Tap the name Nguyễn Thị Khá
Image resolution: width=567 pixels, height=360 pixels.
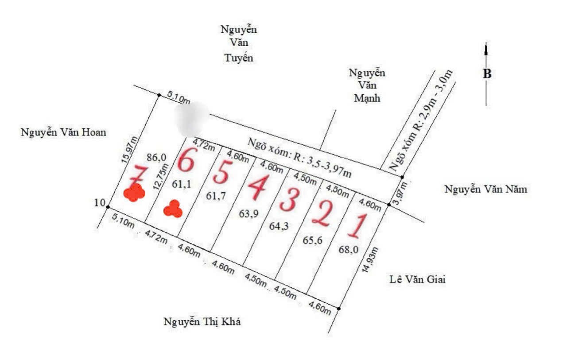(202, 322)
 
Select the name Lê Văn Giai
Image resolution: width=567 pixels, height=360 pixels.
(418, 279)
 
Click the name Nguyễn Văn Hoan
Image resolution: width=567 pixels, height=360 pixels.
(64, 132)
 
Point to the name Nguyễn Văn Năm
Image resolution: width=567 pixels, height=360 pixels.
(486, 190)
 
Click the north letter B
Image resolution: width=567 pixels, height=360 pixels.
(487, 74)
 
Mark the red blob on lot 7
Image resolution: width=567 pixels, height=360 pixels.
(134, 193)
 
